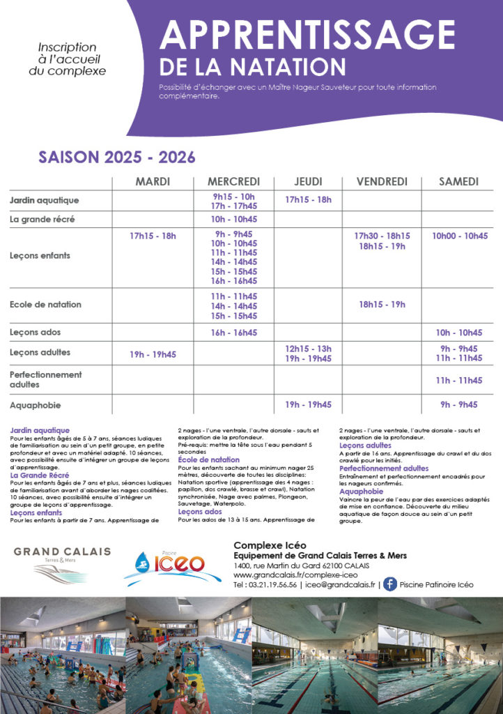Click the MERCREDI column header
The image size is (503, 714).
coord(233,182)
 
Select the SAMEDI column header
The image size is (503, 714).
coord(458,182)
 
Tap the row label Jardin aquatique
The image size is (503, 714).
coord(44,201)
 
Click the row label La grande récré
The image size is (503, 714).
coord(42,220)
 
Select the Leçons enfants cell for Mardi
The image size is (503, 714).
coord(153,236)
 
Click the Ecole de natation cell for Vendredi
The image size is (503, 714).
coord(382,305)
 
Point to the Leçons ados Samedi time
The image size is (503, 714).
coord(459,333)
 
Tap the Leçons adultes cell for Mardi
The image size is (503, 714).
coord(153,354)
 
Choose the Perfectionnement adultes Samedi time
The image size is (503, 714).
coord(459,380)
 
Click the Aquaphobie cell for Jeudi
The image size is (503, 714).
coord(308,404)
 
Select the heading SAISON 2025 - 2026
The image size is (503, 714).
coord(116,157)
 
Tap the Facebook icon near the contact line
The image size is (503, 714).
coord(390,584)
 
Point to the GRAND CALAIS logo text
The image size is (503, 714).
coord(62,552)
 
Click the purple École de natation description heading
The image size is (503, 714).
coord(208,460)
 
